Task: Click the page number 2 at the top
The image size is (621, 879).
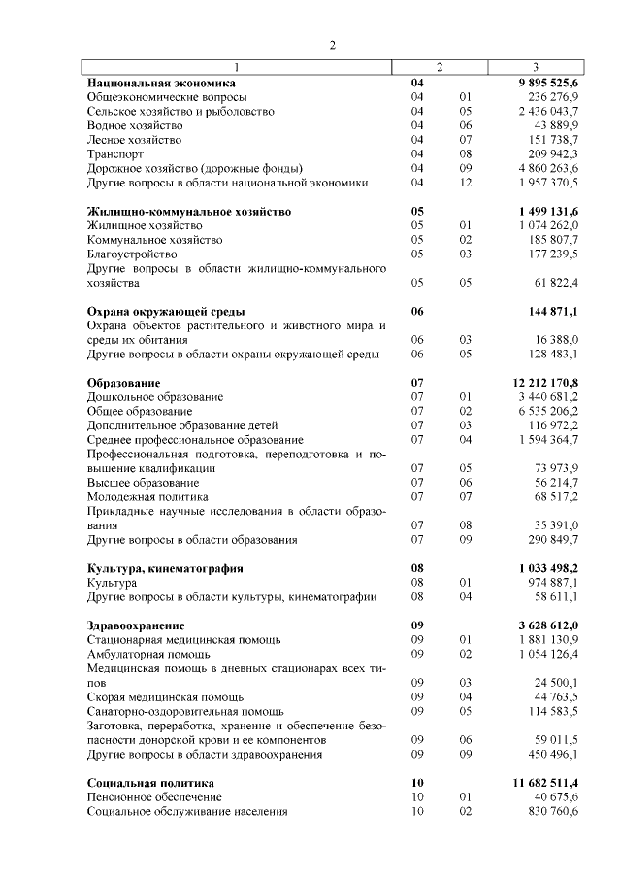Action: pyautogui.click(x=332, y=45)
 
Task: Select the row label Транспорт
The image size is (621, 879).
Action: pyautogui.click(x=115, y=153)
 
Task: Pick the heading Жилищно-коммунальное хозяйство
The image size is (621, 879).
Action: pyautogui.click(x=189, y=211)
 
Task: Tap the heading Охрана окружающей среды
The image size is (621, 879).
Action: pyautogui.click(x=166, y=311)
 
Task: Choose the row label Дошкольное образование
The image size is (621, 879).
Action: pyautogui.click(x=155, y=397)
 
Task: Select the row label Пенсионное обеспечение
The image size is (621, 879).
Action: pyautogui.click(x=154, y=796)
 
